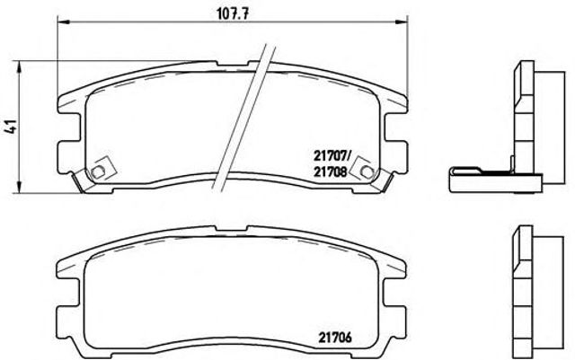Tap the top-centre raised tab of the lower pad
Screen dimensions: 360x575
click(229, 236)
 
